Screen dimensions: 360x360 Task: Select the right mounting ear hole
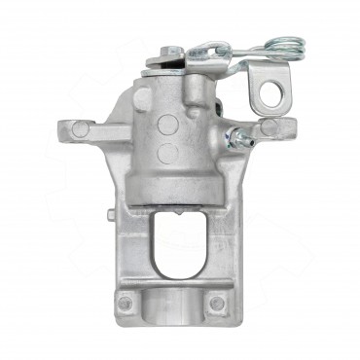tap(269, 126)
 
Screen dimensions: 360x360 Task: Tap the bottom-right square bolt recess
tap(216, 304)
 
